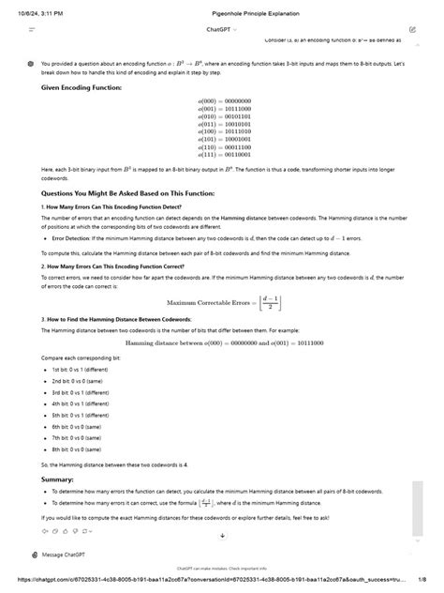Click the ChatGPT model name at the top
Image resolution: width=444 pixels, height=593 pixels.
pyautogui.click(x=219, y=30)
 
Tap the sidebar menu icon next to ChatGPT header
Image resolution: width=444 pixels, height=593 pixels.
pyautogui.click(x=32, y=30)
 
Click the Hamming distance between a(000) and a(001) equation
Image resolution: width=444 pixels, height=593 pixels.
pyautogui.click(x=223, y=342)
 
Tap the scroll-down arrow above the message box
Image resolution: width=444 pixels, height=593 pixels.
pyautogui.click(x=223, y=536)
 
